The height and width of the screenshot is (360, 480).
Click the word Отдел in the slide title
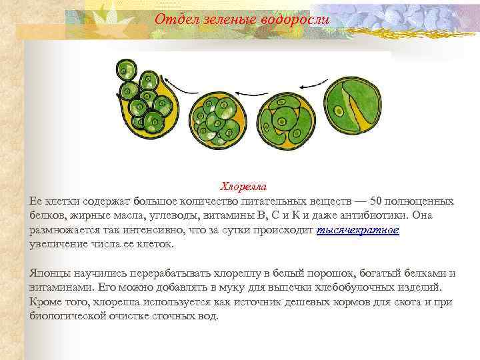(171, 20)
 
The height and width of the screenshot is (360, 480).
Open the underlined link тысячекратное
(358, 230)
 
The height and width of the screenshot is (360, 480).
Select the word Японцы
(48, 273)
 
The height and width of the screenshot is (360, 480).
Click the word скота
(395, 302)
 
